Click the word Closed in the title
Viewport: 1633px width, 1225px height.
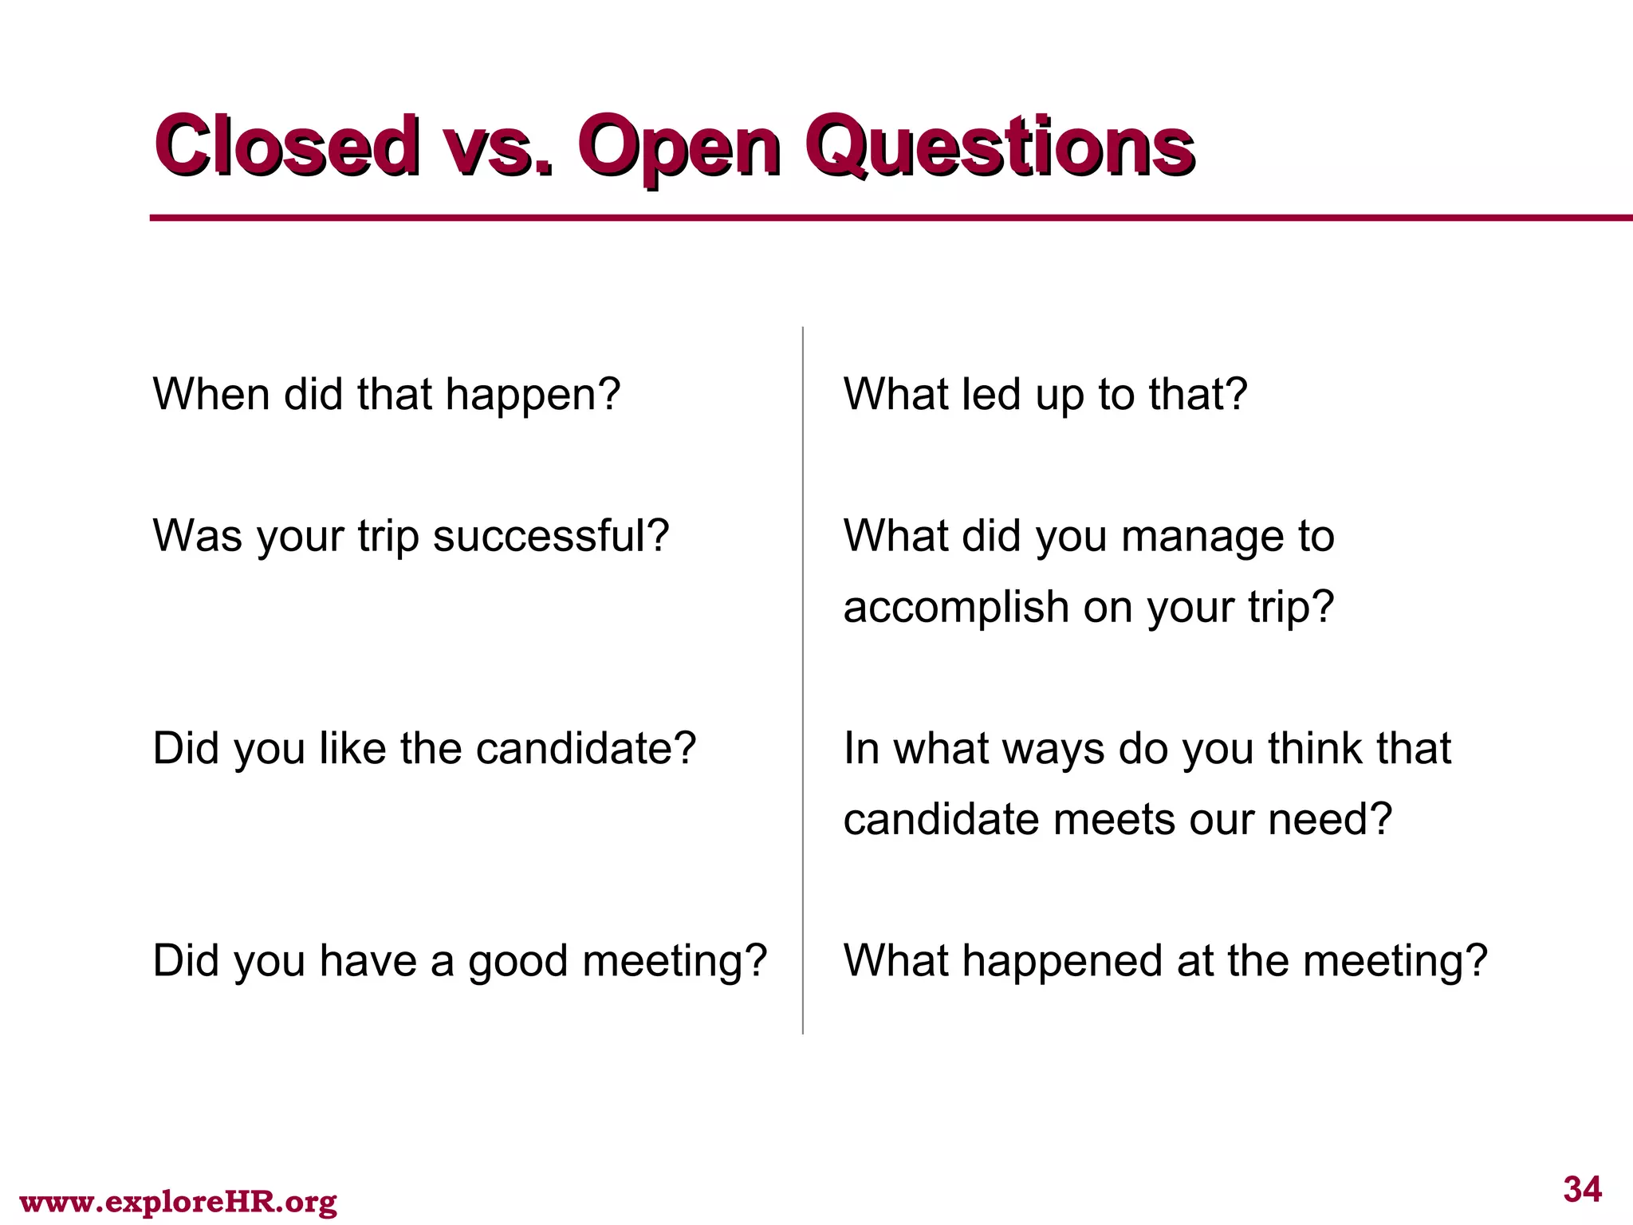coord(287,145)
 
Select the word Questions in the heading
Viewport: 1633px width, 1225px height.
coord(1000,148)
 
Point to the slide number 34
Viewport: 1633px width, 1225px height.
coord(1582,1189)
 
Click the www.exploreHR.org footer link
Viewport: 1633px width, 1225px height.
coord(178,1201)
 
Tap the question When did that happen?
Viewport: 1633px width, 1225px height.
coord(386,395)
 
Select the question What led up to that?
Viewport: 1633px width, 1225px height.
coord(1045,395)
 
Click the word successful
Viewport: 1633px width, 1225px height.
coord(550,536)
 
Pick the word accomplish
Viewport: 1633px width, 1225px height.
coord(955,609)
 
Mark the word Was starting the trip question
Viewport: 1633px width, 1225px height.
coord(197,536)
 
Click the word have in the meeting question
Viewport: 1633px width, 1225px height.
coord(368,960)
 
